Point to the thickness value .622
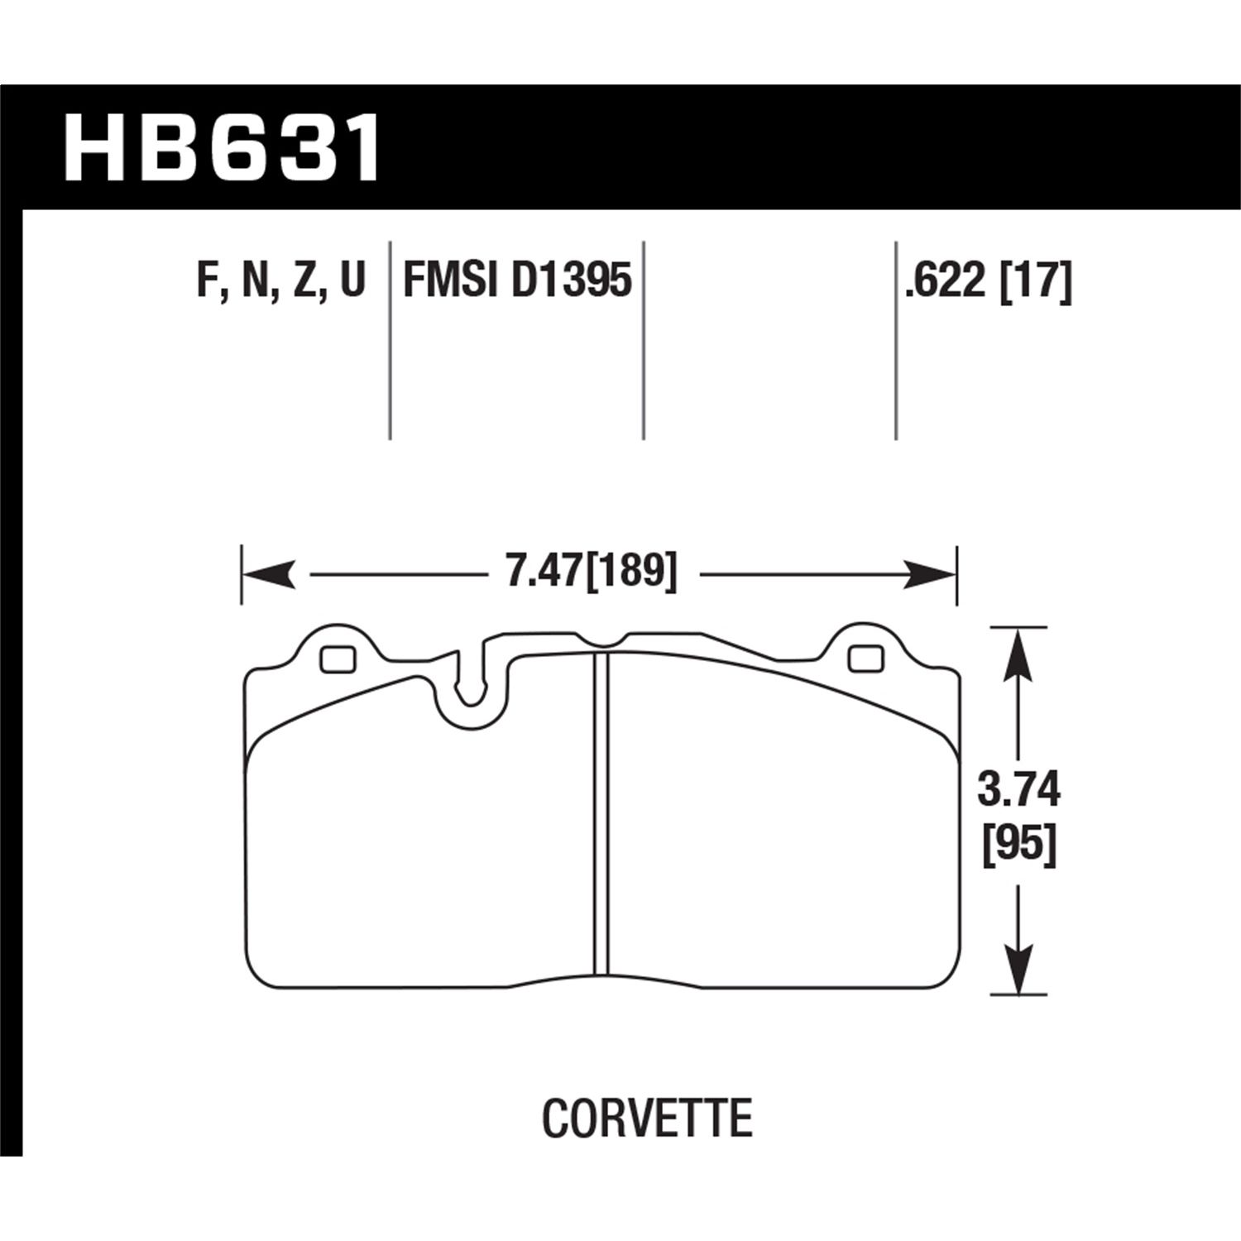946,280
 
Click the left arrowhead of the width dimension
269,573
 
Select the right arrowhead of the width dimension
928,573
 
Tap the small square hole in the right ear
865,658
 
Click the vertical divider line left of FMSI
390,339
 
